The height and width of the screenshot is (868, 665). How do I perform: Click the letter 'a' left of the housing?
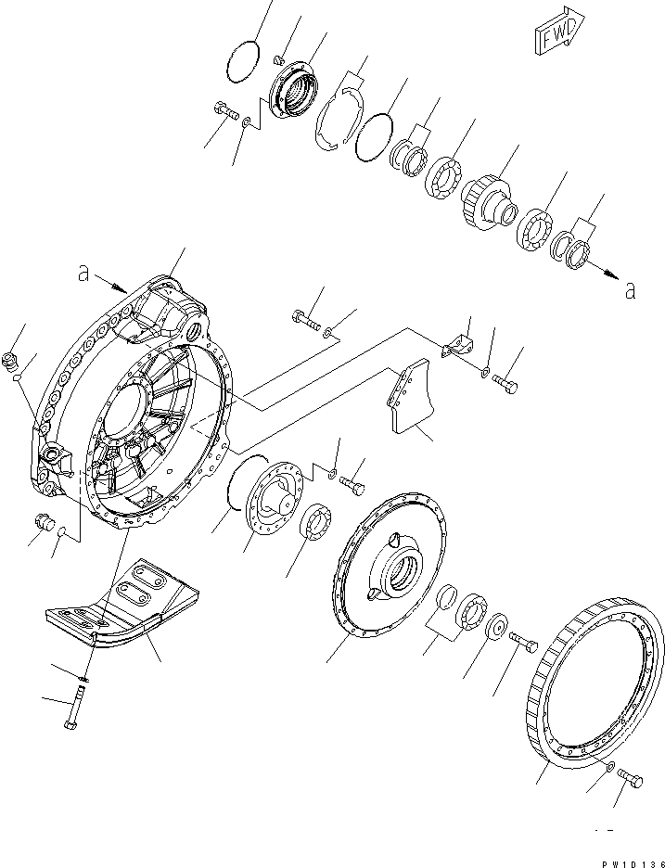tap(84, 274)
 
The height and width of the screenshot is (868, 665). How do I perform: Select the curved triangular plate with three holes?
tap(407, 402)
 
